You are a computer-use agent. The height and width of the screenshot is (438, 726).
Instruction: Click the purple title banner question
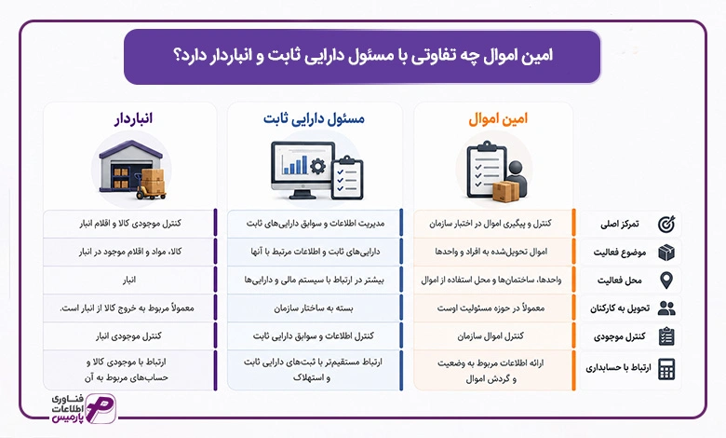(363, 56)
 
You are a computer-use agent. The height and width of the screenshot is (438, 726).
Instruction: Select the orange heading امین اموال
(498, 119)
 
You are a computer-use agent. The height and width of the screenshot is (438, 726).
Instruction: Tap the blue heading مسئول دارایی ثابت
(314, 119)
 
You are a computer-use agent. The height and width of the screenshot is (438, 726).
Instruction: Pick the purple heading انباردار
(133, 118)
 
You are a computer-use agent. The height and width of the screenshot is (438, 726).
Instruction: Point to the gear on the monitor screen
(317, 166)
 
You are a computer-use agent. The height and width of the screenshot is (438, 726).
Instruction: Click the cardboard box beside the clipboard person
(505, 191)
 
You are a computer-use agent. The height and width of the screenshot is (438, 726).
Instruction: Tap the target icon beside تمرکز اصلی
(666, 225)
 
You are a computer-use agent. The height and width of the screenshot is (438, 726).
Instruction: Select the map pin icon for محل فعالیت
(666, 281)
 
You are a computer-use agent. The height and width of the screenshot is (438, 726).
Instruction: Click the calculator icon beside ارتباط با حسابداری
(666, 369)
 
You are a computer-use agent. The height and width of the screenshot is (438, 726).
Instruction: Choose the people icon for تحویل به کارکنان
(666, 308)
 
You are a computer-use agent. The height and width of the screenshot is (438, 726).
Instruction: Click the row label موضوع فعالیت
(620, 253)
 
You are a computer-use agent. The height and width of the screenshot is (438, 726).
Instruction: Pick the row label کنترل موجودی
(620, 336)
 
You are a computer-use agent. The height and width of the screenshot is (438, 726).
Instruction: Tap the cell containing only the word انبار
(129, 280)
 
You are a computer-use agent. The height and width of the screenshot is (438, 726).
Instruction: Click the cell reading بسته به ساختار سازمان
(314, 308)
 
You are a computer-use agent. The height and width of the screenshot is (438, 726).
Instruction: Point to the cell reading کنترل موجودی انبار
(129, 336)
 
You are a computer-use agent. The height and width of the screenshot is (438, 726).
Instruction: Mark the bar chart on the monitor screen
(295, 164)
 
